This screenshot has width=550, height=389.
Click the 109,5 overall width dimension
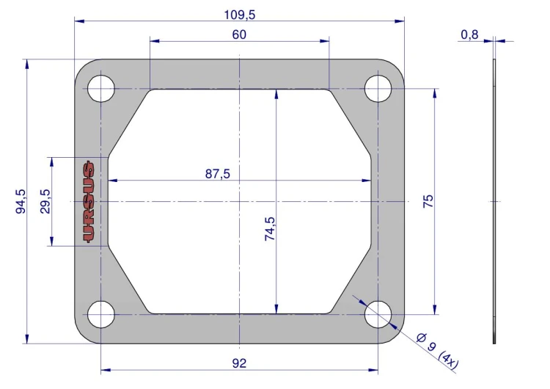[240, 15]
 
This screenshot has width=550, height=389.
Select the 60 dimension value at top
[239, 34]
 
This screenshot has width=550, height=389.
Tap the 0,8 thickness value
[469, 34]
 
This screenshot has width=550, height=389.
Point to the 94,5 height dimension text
[21, 202]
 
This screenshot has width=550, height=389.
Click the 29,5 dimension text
[45, 202]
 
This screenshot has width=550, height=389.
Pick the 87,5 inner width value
[218, 174]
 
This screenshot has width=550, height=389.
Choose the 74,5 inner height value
[270, 228]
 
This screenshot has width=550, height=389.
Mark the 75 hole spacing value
[428, 202]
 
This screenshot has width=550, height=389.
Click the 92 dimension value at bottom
[239, 363]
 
